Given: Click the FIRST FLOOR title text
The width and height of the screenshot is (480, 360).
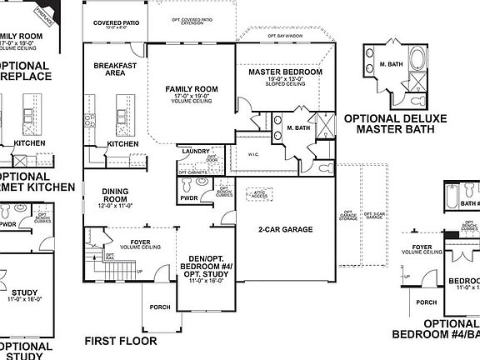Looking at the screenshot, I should [x=120, y=341].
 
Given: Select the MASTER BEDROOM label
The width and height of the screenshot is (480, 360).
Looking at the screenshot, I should [x=286, y=72].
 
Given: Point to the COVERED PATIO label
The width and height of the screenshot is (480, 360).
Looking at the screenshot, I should [x=115, y=23].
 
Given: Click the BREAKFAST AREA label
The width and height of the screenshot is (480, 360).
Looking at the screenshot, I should [x=115, y=69].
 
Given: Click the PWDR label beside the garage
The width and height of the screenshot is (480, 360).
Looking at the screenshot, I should [x=188, y=198].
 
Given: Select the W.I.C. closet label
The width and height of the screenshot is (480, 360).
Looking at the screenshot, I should [x=255, y=154].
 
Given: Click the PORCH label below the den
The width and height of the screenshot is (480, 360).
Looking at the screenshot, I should [x=160, y=307].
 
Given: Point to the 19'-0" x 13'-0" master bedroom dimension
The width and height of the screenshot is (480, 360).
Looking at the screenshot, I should [x=286, y=81].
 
